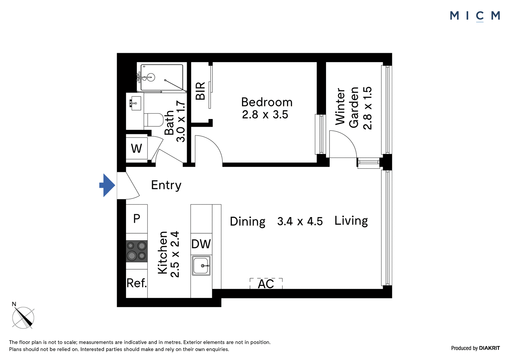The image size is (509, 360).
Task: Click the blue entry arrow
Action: pyautogui.click(x=107, y=185)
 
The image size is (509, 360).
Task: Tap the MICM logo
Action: pyautogui.click(x=475, y=16)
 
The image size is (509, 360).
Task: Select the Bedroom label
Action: pyautogui.click(x=267, y=102)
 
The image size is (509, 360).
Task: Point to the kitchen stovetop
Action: pyautogui.click(x=136, y=251)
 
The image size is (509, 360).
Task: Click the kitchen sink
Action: pyautogui.click(x=201, y=265)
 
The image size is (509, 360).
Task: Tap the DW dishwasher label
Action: pyautogui.click(x=201, y=244)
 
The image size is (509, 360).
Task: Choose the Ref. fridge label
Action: pyautogui.click(x=136, y=283)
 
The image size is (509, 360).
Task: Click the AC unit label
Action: pyautogui.click(x=266, y=284)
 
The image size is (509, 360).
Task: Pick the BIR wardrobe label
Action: pyautogui.click(x=200, y=91)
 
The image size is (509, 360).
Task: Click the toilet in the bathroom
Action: pyautogui.click(x=154, y=120)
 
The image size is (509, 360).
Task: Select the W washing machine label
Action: pyautogui.click(x=136, y=149)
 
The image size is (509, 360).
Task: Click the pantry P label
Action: pyautogui.click(x=136, y=219)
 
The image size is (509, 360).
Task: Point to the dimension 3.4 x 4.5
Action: pyautogui.click(x=300, y=221)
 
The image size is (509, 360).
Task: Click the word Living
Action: pyautogui.click(x=351, y=221)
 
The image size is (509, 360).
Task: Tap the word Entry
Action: pyautogui.click(x=166, y=185)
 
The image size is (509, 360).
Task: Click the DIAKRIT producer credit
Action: pyautogui.click(x=489, y=348)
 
